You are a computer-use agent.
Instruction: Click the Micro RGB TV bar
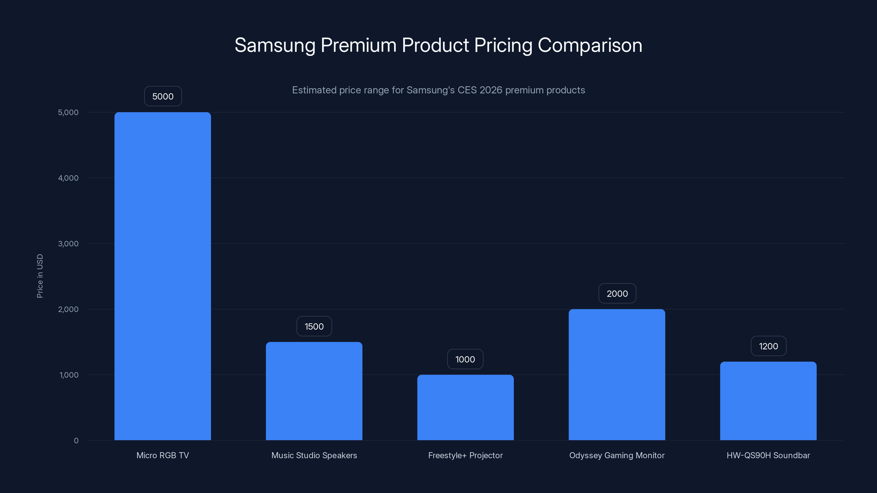[x=163, y=276]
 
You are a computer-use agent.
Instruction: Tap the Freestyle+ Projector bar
[x=465, y=407]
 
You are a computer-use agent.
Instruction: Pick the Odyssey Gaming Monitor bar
[x=617, y=374]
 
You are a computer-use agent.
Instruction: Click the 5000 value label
[x=163, y=96]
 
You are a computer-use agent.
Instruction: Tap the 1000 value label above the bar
[x=465, y=359]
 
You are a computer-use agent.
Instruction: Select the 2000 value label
[x=617, y=293]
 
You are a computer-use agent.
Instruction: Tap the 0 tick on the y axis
[x=76, y=441]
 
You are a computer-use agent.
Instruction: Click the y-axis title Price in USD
[x=40, y=276]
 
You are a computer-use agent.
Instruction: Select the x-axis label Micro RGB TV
[x=163, y=455]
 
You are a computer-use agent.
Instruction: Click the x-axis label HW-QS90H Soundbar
[x=768, y=455]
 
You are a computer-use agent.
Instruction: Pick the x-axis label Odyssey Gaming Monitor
[x=617, y=455]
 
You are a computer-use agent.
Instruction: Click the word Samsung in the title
[x=275, y=45]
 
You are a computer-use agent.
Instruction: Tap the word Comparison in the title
[x=590, y=45]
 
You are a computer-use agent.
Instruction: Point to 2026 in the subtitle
[x=491, y=90]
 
